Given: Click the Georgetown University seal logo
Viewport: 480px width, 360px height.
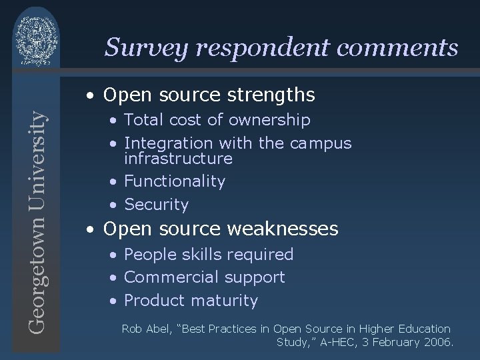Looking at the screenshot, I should [37, 37].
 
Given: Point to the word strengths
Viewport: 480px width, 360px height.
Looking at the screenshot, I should [273, 95].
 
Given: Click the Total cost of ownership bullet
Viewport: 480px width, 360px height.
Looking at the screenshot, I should [217, 120].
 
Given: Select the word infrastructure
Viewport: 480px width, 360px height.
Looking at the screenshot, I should [178, 159].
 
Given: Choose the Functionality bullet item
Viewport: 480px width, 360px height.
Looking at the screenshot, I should [175, 181].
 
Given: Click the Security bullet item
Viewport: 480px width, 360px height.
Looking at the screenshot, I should [156, 205].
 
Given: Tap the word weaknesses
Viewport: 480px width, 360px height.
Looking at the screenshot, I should [283, 229].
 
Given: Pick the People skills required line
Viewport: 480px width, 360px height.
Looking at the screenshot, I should [208, 255].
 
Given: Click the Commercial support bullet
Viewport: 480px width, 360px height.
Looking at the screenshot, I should [204, 277].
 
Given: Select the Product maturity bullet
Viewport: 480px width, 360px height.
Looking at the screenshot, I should [191, 301].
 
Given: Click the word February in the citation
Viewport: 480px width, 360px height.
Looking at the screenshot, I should [395, 343].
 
